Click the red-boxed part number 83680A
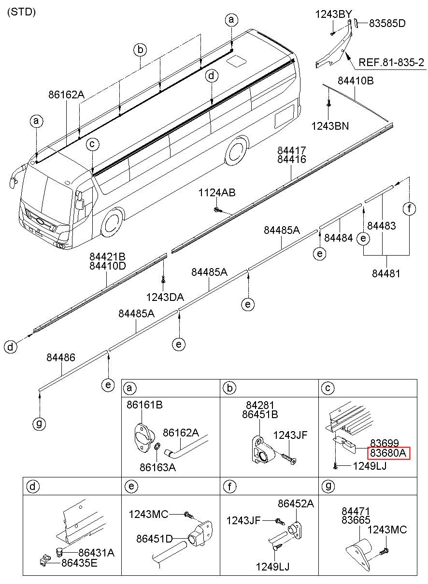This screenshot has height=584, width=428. coord(388,453)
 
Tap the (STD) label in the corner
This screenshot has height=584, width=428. coord(21,12)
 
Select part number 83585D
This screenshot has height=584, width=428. coord(387,24)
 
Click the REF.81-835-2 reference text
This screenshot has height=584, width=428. coord(391,62)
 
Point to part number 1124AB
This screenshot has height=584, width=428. coord(217,192)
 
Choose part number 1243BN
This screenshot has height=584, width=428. coord(330,126)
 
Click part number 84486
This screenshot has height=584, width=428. coord(61,357)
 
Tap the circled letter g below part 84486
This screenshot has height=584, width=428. coord(39,423)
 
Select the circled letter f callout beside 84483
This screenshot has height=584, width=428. coord(409,208)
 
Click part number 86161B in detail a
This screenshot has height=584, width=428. coord(144,405)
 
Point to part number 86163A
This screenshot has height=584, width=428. coord(158,467)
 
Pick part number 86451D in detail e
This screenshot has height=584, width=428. coord(155,539)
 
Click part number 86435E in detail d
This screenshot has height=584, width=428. coord(79,563)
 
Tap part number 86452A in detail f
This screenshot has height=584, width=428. coord(296,503)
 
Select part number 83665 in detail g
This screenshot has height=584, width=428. coord(356,520)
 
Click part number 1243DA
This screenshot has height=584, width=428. coord(165,297)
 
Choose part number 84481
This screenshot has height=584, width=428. coord(386,273)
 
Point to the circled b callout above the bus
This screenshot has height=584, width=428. coord(140,50)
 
